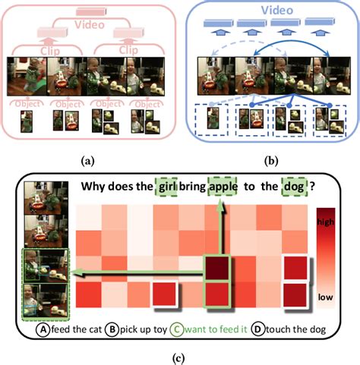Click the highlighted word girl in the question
167,184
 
